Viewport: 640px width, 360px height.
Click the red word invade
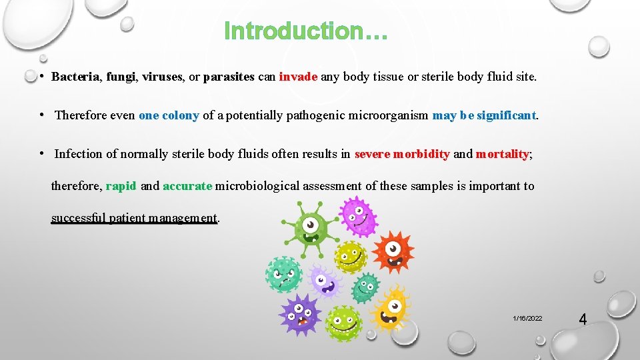tap(298, 77)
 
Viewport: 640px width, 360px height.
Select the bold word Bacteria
tap(75, 77)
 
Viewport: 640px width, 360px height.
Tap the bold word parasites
tap(229, 77)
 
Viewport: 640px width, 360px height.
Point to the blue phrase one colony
tap(169, 115)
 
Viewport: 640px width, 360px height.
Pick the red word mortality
tap(502, 154)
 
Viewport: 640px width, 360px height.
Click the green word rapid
tap(121, 186)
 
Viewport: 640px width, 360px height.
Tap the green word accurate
tap(187, 186)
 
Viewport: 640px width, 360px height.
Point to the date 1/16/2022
tap(527, 319)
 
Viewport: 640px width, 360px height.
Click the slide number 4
tap(583, 319)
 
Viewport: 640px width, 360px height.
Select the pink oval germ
tap(358, 215)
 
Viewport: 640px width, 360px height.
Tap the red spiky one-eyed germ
tap(393, 253)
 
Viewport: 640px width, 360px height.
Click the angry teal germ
tap(283, 274)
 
